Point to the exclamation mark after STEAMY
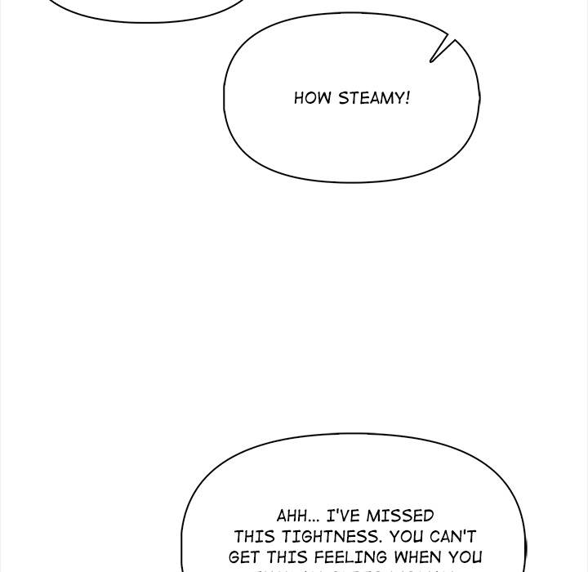click(x=407, y=98)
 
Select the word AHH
click(x=291, y=516)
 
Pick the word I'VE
click(x=343, y=516)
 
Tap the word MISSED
click(x=400, y=516)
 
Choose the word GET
click(x=245, y=559)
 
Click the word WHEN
click(x=420, y=559)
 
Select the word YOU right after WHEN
click(x=465, y=559)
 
